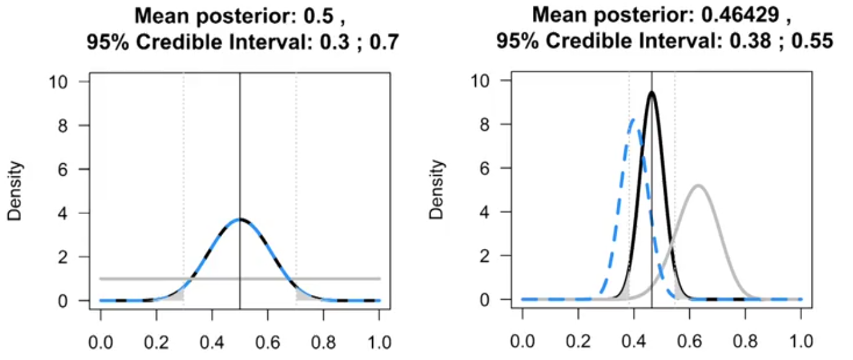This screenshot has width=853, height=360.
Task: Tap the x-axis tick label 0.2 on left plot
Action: tap(156, 341)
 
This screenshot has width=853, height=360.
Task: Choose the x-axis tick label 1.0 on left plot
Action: tap(379, 341)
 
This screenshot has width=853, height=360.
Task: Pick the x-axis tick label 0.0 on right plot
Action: tap(522, 341)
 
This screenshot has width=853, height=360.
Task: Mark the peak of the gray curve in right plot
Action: tap(699, 186)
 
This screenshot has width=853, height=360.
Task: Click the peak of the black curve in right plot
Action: tap(651, 92)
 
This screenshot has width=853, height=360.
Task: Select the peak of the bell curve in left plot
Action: tap(240, 219)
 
